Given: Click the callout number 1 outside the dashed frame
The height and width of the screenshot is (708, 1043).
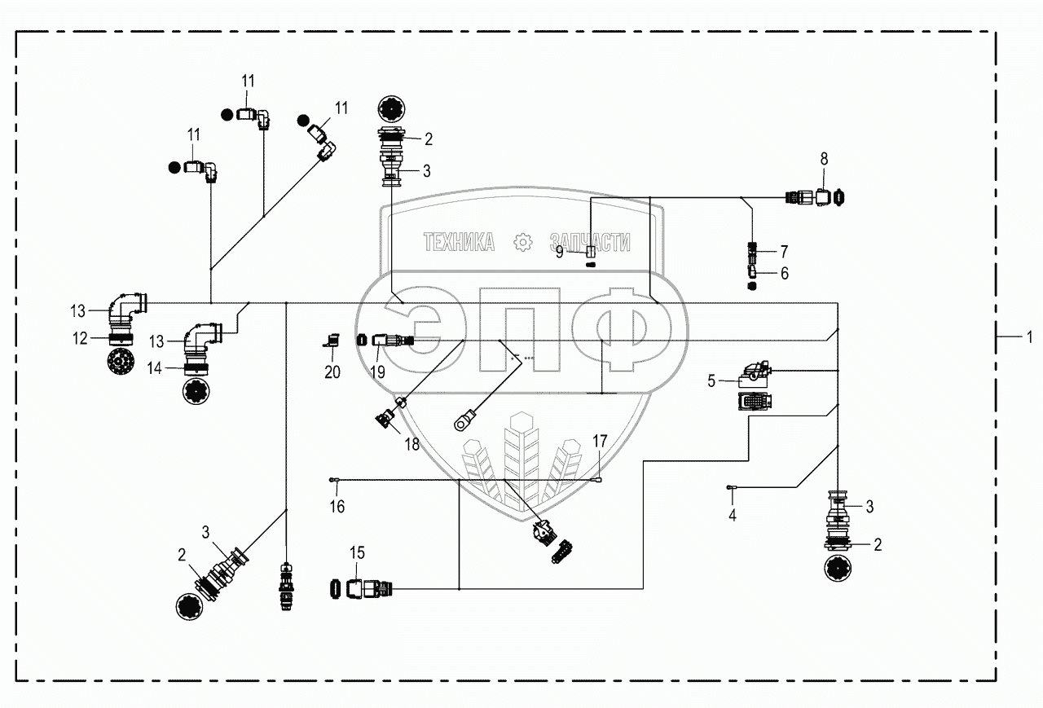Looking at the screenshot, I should click(1029, 336).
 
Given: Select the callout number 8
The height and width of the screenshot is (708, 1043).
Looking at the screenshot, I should click(824, 159).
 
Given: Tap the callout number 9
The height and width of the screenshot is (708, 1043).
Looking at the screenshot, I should click(560, 253).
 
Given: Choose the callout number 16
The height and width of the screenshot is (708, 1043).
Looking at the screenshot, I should click(337, 507).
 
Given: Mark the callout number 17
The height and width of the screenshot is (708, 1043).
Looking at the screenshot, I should click(600, 441).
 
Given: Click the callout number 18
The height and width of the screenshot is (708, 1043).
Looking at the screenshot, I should click(411, 445).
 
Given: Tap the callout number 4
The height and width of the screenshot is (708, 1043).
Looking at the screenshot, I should click(732, 515).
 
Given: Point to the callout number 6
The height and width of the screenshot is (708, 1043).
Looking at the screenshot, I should click(785, 273).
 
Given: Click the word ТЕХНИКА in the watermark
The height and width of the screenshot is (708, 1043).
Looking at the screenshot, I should click(459, 241).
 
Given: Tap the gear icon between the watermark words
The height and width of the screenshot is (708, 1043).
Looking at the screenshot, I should click(522, 241).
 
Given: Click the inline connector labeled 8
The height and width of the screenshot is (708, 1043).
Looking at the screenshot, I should click(817, 196).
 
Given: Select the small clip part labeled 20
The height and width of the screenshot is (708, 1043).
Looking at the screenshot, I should click(331, 342).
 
